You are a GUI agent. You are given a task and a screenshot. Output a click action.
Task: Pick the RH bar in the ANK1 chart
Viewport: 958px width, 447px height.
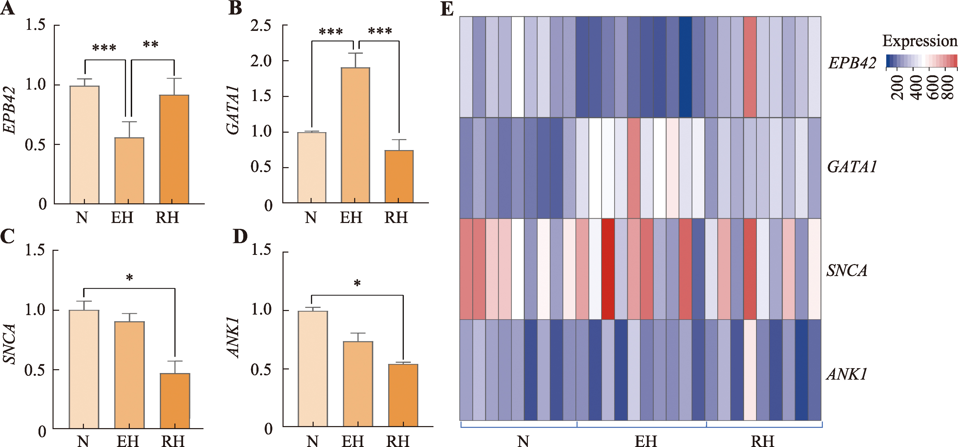coord(403,395)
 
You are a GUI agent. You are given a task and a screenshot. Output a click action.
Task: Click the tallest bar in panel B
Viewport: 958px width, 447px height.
coord(355,135)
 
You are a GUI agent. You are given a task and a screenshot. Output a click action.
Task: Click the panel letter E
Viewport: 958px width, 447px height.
coord(447,9)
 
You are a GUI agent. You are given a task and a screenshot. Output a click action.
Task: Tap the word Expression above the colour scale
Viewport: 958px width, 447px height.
coord(919,41)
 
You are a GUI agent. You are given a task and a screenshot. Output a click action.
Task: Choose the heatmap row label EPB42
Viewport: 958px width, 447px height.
coord(852,63)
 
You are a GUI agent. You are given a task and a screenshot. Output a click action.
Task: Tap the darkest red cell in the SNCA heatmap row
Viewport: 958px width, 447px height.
coord(608,269)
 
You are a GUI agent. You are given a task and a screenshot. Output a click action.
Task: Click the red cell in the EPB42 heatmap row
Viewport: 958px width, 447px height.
coord(750,67)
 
